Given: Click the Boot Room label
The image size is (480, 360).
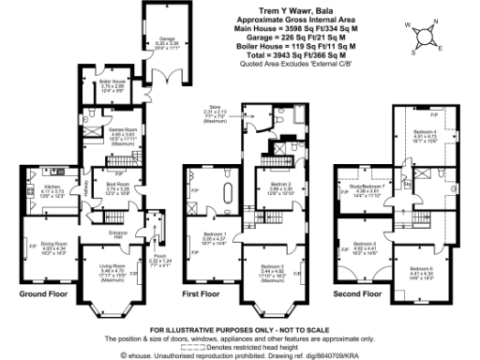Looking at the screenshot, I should point(117,186).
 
